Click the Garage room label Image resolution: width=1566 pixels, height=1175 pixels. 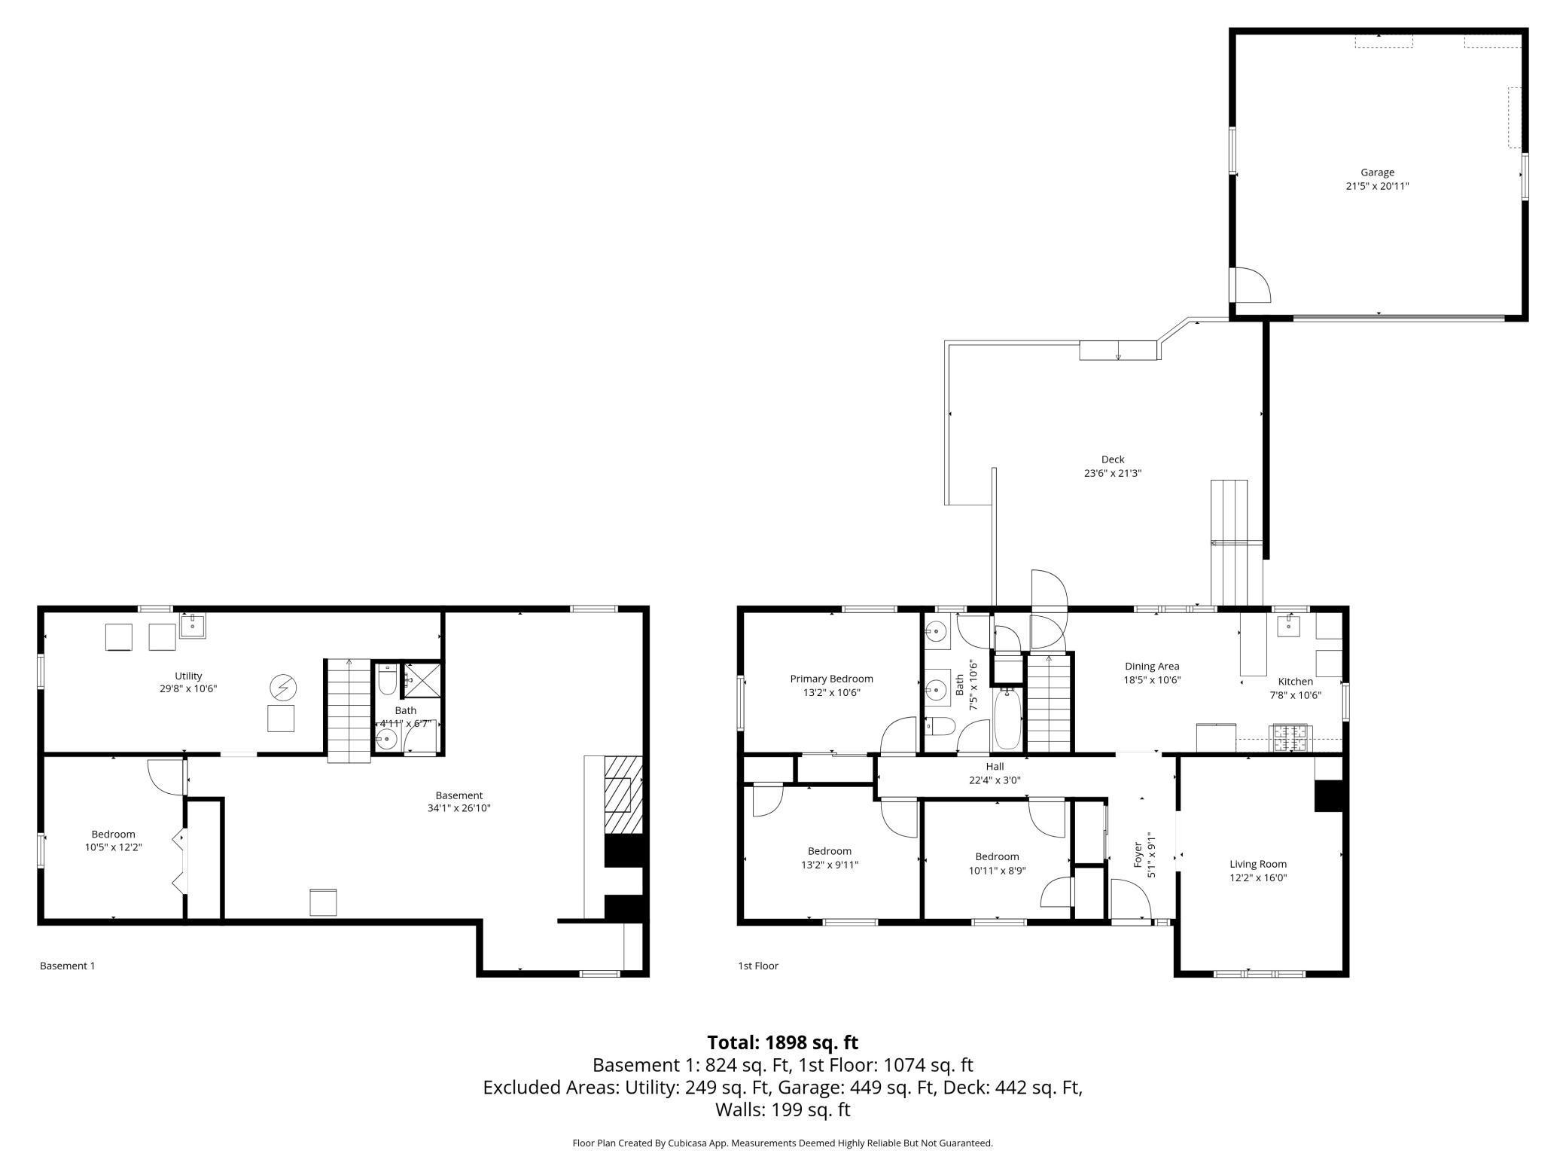(1377, 172)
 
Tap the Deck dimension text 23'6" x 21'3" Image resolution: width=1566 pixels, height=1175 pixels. (1113, 473)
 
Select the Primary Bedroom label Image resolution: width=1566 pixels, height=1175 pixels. (831, 679)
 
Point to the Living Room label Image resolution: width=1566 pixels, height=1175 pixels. (1258, 864)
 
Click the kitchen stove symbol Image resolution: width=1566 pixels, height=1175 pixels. (1292, 738)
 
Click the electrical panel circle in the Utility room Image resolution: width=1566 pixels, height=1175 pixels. (284, 687)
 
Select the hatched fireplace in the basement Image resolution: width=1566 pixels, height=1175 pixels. (623, 795)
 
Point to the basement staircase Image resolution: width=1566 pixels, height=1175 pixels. (349, 710)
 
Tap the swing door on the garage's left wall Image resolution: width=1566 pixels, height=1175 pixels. (1251, 285)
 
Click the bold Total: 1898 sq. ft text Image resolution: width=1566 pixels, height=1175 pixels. (782, 1042)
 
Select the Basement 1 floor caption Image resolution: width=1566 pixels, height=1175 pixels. (68, 966)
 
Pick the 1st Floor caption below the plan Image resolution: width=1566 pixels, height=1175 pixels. (758, 966)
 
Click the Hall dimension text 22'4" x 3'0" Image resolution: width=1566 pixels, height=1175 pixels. (995, 780)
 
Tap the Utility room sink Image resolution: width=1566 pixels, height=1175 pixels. (192, 626)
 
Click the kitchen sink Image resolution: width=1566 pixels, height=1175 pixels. (1288, 625)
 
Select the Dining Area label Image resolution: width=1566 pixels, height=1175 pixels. (1152, 666)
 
